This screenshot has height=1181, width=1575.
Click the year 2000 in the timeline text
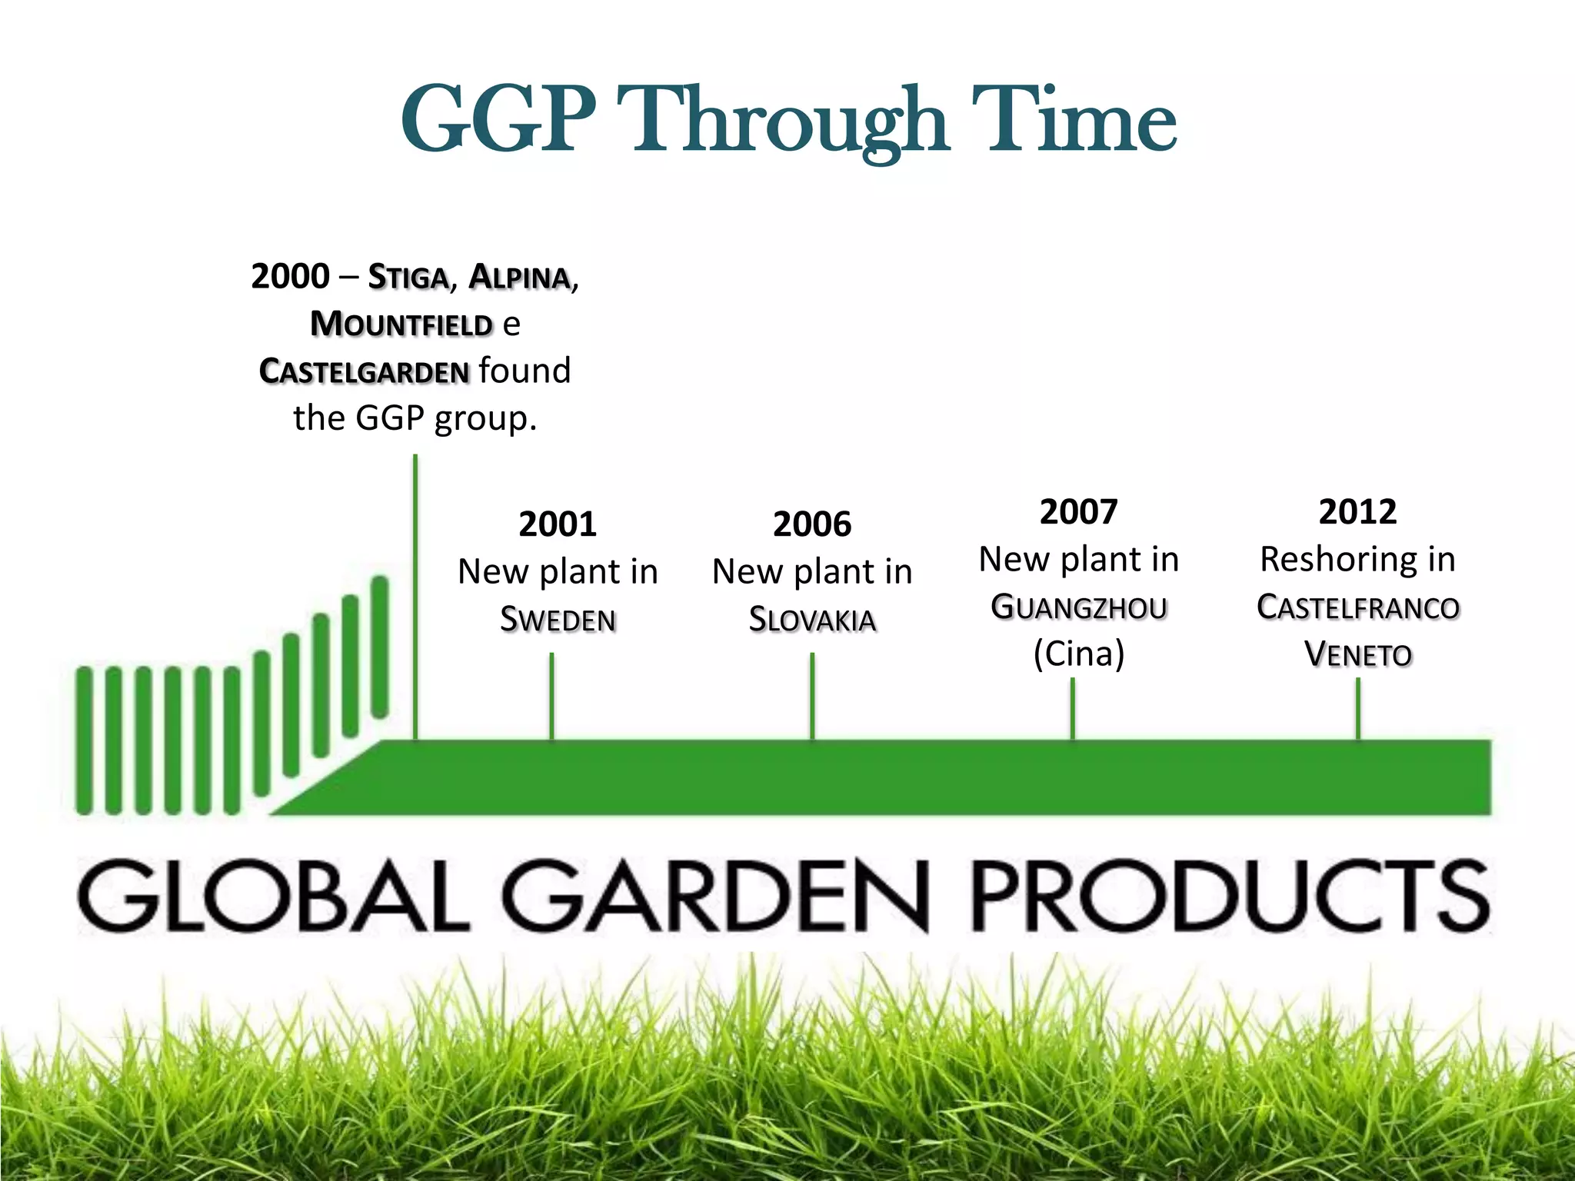coord(290,276)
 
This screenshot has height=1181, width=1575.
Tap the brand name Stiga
coord(408,277)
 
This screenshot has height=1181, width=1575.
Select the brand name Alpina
coord(519,277)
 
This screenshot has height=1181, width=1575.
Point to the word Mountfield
coord(401,324)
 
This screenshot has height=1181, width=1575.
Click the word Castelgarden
coord(364,371)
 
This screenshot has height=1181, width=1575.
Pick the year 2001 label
coord(558,524)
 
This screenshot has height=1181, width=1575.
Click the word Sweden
coord(558,619)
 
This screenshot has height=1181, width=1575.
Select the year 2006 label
coord(812,524)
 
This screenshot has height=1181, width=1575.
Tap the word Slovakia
coord(812,619)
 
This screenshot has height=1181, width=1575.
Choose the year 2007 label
coord(1078,512)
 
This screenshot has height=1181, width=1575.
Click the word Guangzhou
coord(1078,607)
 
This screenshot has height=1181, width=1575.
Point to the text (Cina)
coord(1078,654)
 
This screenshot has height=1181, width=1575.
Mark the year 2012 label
coord(1357,512)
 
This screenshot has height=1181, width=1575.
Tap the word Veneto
coord(1357,654)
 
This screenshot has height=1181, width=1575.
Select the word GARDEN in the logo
coord(715,896)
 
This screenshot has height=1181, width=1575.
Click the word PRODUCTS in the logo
coord(1230,896)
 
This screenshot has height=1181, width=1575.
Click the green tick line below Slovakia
coord(812,696)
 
